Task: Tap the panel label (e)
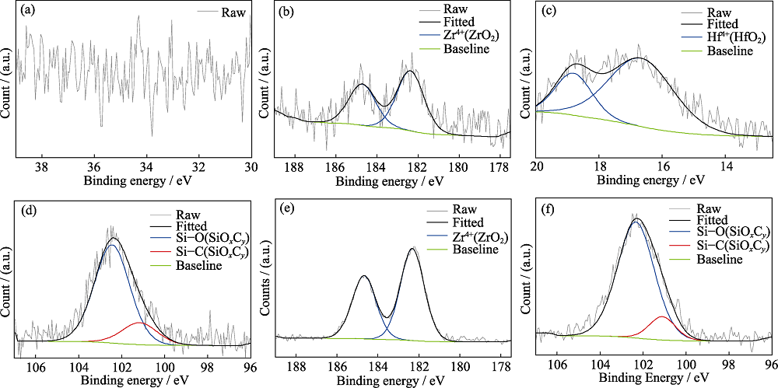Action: (x=286, y=210)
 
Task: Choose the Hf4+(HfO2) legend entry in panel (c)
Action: (x=735, y=37)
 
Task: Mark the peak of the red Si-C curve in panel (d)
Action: (x=139, y=322)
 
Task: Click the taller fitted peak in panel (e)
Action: (x=413, y=249)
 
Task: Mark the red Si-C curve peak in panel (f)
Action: (x=661, y=316)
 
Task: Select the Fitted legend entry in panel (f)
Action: (x=719, y=222)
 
